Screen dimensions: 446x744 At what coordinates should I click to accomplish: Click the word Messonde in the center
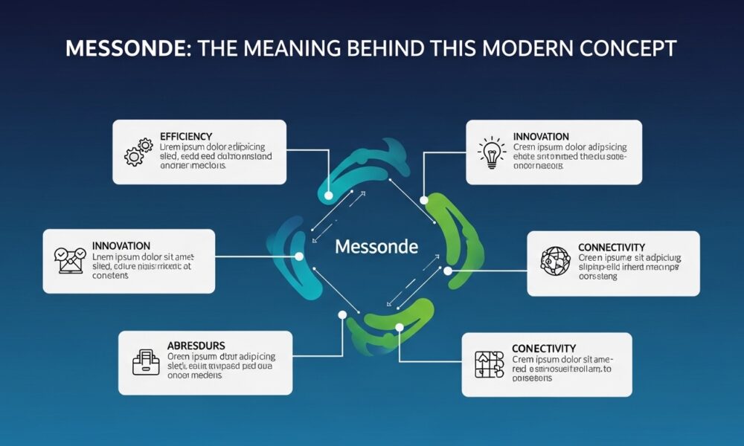[376, 246]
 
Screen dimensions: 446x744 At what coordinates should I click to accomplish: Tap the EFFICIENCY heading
[186, 137]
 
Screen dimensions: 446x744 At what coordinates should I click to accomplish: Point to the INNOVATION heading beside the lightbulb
[541, 137]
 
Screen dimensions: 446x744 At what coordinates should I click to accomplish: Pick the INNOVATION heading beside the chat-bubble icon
[121, 245]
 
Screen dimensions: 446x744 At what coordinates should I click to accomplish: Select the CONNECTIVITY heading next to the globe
[611, 247]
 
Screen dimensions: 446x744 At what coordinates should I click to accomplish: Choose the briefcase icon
[145, 361]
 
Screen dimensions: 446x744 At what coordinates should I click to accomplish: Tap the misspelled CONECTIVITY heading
[544, 348]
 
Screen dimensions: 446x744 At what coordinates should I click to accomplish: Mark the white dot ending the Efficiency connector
[328, 195]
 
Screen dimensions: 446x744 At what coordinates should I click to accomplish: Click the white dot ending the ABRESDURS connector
[342, 315]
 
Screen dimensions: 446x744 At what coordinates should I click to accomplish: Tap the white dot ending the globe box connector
[448, 271]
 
